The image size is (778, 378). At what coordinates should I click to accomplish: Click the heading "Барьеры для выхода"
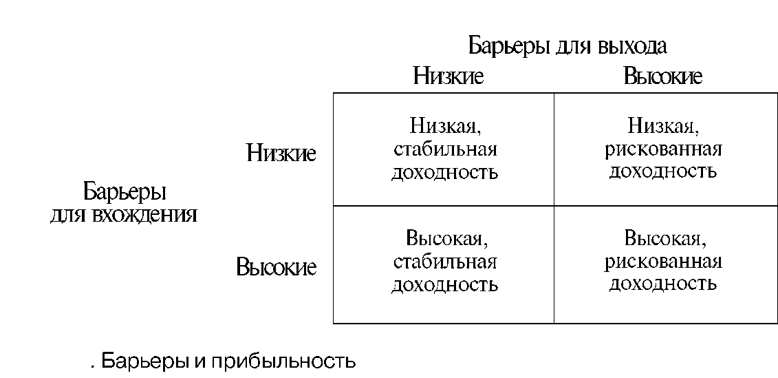[x=568, y=46]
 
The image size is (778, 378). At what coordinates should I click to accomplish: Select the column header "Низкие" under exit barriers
[x=448, y=76]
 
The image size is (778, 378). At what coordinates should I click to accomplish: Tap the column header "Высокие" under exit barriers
[x=662, y=76]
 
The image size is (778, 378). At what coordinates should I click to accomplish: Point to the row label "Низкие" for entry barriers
[x=281, y=154]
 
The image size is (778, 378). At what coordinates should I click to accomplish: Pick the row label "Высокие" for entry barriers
[x=276, y=266]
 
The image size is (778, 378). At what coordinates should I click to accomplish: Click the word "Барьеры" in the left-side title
[x=125, y=191]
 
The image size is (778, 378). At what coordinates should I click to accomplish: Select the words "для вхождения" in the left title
[x=124, y=215]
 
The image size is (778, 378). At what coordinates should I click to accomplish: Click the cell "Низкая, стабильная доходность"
[x=444, y=149]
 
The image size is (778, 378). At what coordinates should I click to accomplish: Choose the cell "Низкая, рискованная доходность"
[x=664, y=149]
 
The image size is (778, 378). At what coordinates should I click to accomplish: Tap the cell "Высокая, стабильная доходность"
[x=444, y=262]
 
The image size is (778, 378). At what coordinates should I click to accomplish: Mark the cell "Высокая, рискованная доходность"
[x=664, y=262]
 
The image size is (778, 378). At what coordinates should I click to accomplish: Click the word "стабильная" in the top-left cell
[x=444, y=149]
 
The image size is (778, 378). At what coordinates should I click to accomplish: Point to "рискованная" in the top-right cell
[x=664, y=149]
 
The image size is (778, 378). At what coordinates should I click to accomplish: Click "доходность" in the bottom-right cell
[x=664, y=283]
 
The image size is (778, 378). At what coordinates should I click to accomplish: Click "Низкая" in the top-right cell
[x=663, y=127]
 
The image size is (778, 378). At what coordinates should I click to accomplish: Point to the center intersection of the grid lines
[x=554, y=206]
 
